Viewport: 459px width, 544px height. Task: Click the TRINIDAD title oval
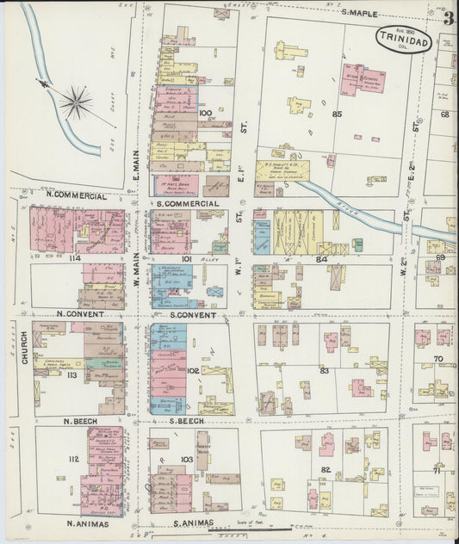click(402, 38)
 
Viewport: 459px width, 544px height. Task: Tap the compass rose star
click(76, 103)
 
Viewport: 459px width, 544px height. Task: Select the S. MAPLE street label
click(360, 11)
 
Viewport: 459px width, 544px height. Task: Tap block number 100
click(205, 113)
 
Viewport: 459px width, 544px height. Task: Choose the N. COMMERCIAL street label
click(74, 195)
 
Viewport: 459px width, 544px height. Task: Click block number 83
click(325, 370)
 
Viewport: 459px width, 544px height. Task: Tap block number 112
click(73, 459)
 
